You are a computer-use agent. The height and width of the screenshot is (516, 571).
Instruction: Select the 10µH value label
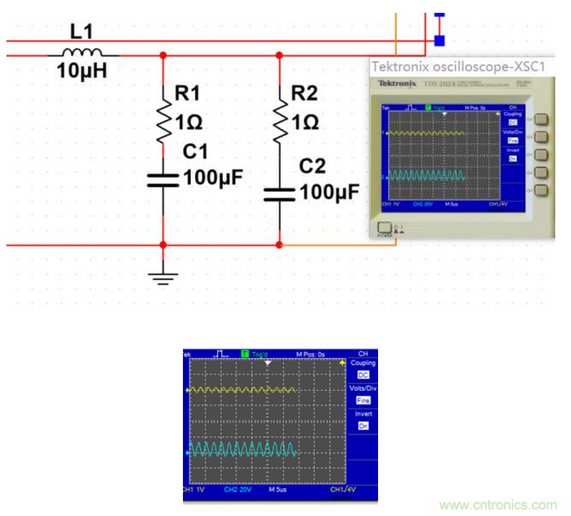(81, 72)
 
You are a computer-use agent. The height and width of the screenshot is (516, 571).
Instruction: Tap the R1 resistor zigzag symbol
(164, 122)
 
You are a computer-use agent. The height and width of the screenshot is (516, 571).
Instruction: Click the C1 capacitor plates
(164, 179)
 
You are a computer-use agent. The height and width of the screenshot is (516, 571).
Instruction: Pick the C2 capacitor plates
(279, 193)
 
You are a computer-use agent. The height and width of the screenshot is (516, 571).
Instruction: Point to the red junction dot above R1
(164, 54)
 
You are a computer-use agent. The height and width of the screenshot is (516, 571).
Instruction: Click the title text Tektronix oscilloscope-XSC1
(460, 67)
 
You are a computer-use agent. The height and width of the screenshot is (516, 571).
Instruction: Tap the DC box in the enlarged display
(363, 375)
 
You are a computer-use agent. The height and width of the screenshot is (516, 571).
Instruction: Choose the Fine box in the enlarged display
(363, 401)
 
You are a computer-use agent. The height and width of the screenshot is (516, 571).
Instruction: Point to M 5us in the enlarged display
(277, 490)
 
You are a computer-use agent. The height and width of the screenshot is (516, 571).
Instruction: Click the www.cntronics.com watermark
(498, 505)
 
